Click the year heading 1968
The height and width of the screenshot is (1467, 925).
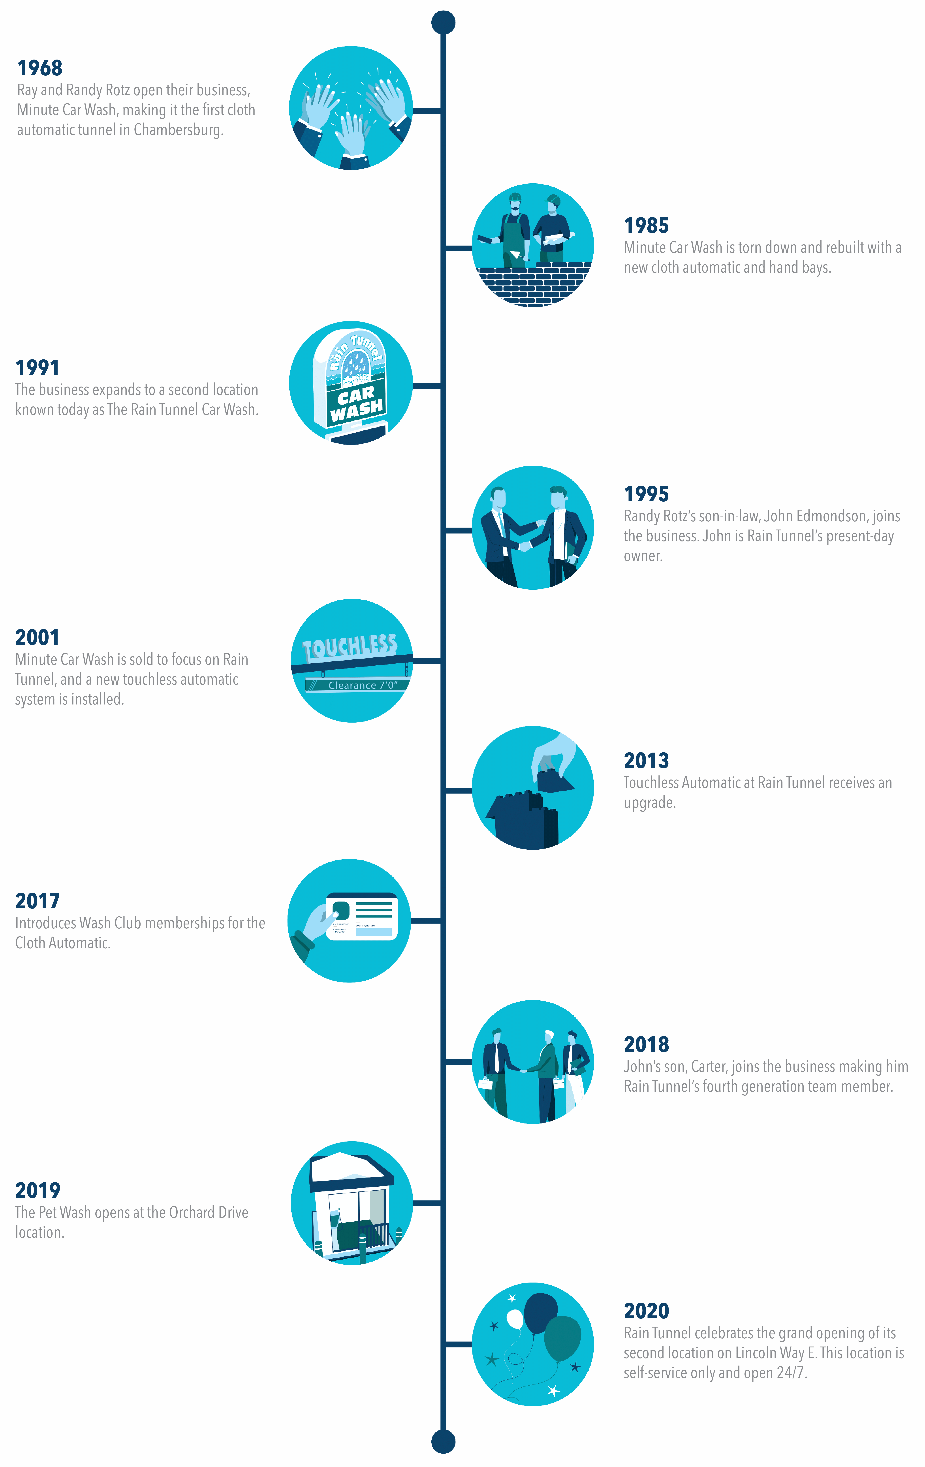pos(40,68)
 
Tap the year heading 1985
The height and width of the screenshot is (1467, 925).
pos(646,225)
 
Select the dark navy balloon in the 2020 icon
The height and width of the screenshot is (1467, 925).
pos(540,1313)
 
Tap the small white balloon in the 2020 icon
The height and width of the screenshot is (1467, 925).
pos(515,1319)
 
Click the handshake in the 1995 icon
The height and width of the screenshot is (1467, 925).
pos(524,546)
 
